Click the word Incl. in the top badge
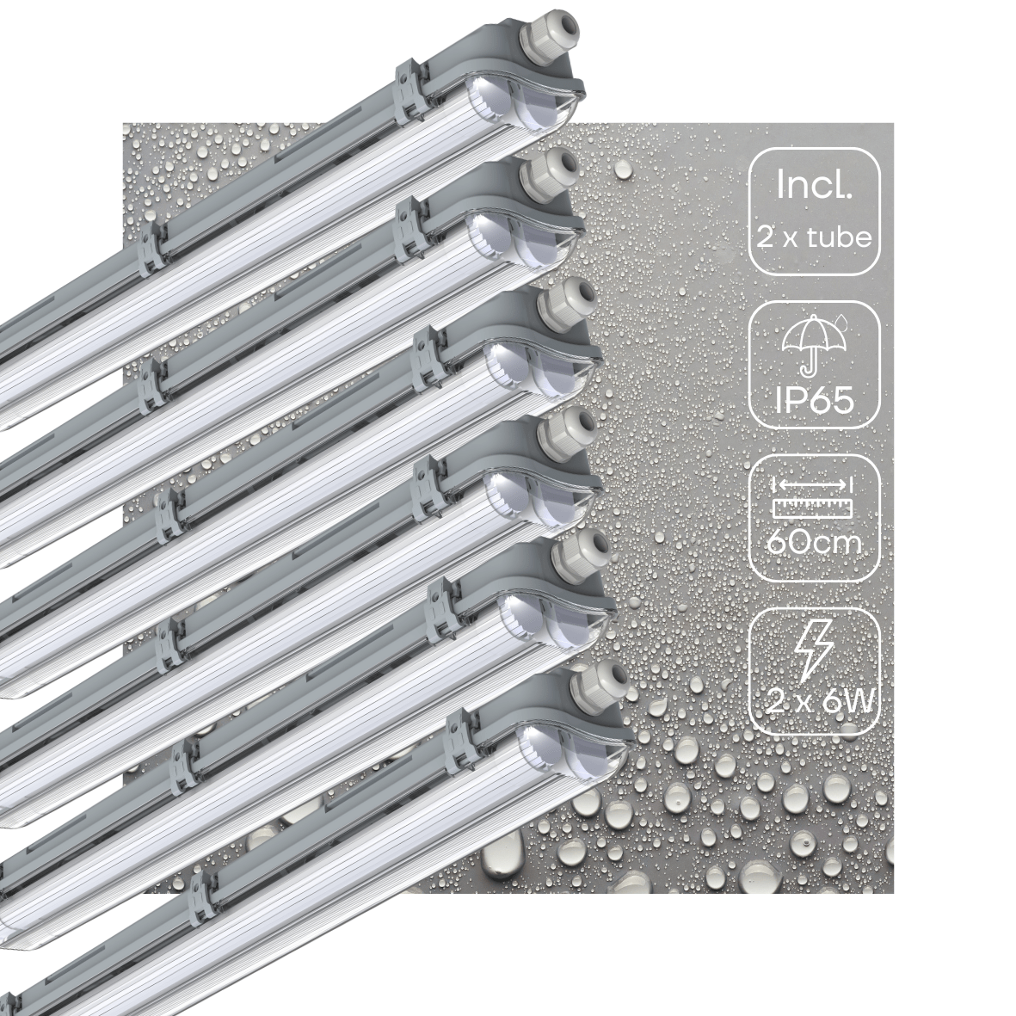coord(814,185)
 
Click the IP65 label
coord(814,399)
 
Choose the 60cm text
coord(814,546)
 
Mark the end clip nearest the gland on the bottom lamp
coord(463,713)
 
